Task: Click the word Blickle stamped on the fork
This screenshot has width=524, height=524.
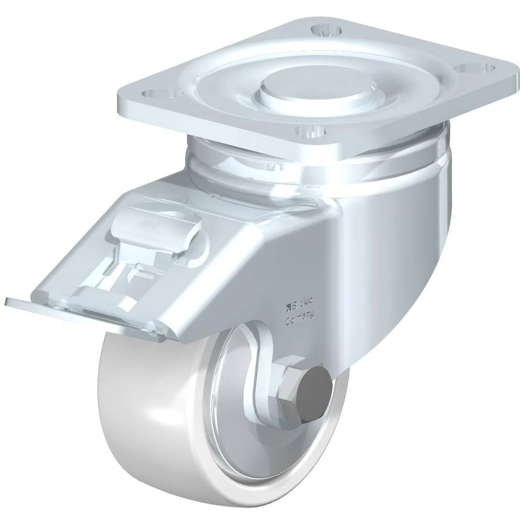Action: click(303, 303)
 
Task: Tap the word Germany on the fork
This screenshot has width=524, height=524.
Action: click(300, 318)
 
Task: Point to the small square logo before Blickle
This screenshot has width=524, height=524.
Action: click(288, 305)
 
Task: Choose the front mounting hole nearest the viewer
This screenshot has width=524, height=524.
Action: click(311, 132)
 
